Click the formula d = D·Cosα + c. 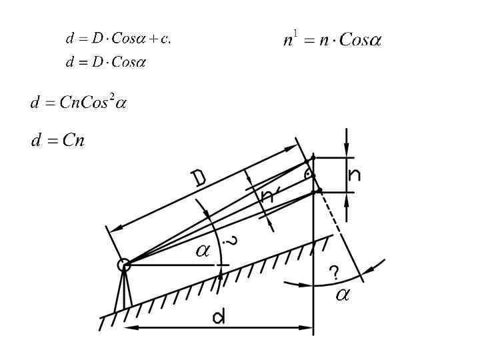118,38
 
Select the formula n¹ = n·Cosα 332,40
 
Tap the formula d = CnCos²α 79,103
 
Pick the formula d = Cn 58,141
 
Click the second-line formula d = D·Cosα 106,63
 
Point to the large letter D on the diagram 199,177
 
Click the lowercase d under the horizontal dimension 219,318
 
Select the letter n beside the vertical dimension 355,175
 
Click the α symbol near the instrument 202,252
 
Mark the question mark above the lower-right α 335,272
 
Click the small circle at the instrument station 123,265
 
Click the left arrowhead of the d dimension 131,327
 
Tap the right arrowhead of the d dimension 308,327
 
